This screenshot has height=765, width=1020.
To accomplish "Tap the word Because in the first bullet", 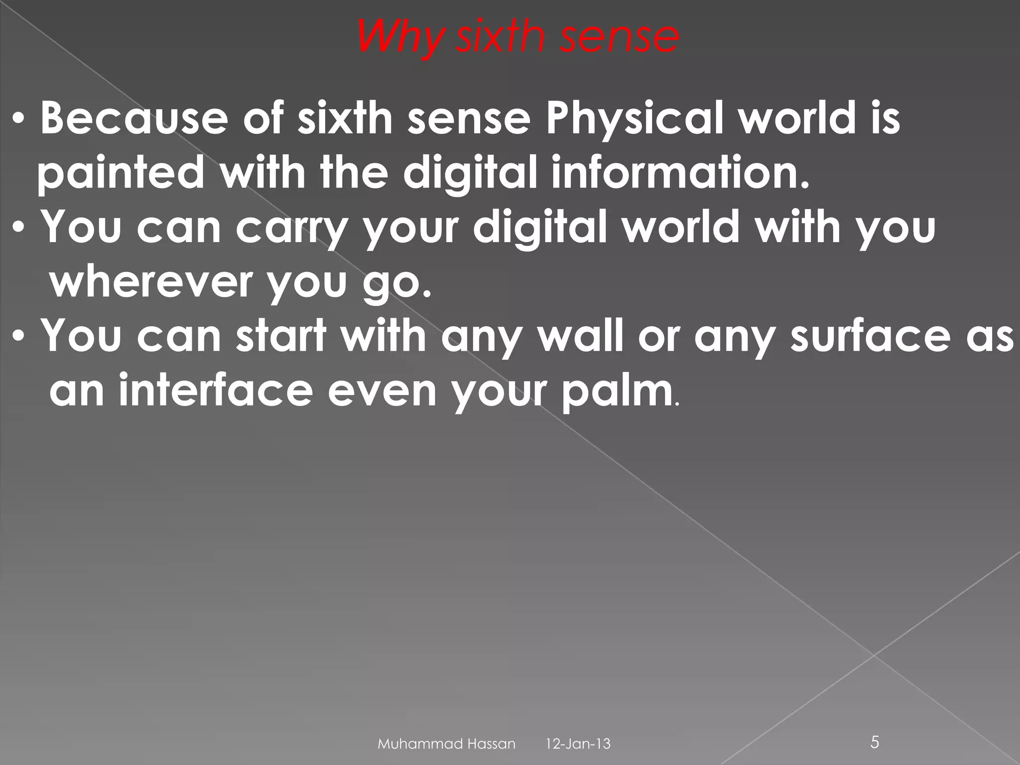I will (x=133, y=119).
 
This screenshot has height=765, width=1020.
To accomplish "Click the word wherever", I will (x=149, y=282).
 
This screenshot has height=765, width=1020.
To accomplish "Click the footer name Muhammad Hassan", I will (x=446, y=744).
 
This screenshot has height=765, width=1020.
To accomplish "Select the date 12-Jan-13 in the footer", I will (x=578, y=744).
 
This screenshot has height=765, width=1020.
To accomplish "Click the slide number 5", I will (x=875, y=743).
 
